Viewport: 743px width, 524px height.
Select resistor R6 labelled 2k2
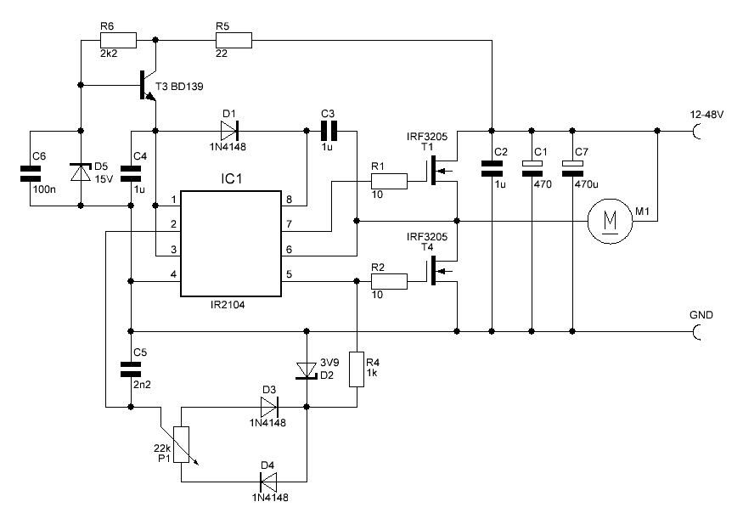119,40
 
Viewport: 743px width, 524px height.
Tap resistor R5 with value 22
235,40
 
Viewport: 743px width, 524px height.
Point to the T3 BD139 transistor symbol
146,86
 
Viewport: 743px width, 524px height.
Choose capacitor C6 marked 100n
31,173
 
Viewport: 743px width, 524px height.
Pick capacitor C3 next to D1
329,131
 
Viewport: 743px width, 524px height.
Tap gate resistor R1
390,180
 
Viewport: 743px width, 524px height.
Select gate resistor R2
390,280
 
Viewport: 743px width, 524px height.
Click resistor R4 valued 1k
358,370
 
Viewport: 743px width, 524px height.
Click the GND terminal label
701,315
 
